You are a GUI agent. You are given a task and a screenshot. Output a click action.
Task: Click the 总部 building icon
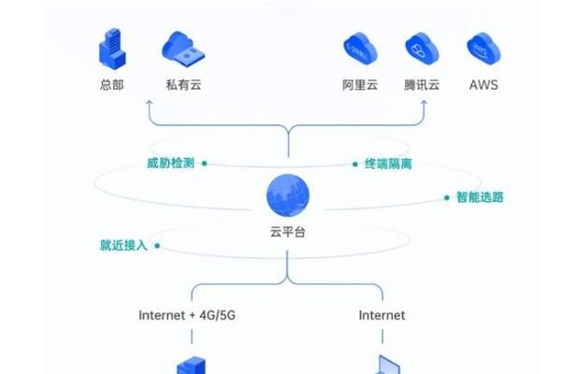(110, 46)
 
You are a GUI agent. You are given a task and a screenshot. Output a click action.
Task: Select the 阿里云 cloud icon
(360, 47)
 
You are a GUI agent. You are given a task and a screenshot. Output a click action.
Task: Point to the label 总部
(110, 84)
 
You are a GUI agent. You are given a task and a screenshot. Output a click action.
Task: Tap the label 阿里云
(360, 84)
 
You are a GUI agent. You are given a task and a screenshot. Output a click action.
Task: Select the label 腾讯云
(422, 84)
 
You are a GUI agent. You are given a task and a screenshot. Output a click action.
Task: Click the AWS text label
(482, 84)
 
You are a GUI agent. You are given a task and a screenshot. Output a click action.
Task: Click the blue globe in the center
(287, 195)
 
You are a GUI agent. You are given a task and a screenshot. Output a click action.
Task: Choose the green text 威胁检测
(169, 164)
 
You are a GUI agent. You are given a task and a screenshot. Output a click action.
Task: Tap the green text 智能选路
(479, 197)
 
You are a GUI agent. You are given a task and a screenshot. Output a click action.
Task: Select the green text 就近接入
(124, 246)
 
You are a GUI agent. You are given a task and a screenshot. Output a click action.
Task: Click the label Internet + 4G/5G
(186, 315)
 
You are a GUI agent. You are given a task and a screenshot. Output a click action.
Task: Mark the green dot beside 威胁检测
(204, 164)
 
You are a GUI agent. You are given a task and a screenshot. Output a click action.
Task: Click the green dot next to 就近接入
(158, 246)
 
